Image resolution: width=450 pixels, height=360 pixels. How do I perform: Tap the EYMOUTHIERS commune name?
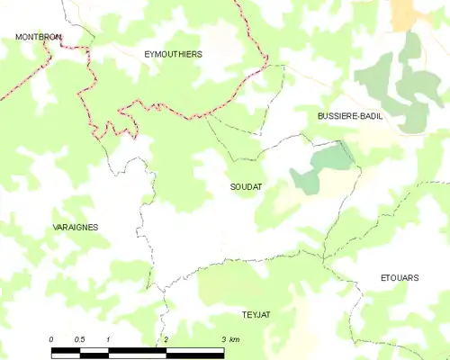tap(173, 54)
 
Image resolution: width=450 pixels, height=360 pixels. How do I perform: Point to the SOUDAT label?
tap(246, 186)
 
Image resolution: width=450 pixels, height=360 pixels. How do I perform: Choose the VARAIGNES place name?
tap(76, 228)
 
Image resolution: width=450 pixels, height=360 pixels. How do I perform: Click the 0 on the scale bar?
tap(51, 338)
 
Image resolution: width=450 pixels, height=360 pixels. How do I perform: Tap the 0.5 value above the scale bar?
tap(79, 338)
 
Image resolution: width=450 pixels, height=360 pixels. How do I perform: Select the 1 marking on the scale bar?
tap(108, 338)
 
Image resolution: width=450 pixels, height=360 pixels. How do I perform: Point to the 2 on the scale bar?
tap(166, 338)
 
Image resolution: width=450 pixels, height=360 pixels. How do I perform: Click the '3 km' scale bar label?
tap(229, 338)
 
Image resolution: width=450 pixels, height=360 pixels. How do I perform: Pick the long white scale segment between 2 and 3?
tap(194, 348)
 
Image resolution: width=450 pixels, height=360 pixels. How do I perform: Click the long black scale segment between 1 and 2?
tap(137, 348)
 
